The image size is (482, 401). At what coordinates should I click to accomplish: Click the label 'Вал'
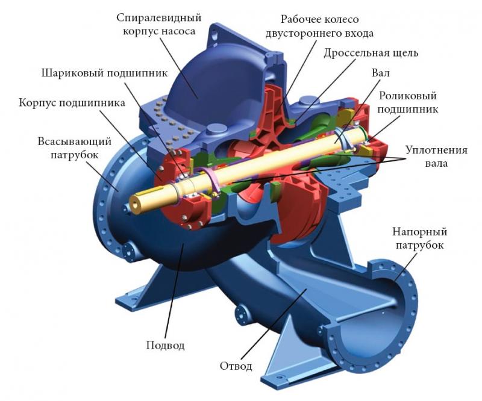pos(380,73)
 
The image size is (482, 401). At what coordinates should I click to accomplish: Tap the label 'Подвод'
pos(165,346)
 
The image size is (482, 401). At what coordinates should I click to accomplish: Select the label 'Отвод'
pos(236,366)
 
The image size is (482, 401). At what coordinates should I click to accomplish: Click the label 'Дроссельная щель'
pos(371,53)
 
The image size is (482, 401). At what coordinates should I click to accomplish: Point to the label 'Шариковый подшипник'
pos(105,73)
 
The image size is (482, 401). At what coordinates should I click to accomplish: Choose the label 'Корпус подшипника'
pos(72,102)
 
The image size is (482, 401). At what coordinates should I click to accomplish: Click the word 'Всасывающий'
pos(74,141)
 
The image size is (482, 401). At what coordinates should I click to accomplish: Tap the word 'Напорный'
pos(419,231)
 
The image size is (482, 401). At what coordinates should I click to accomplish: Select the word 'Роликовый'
pos(408,96)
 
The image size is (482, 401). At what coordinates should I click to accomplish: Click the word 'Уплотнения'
pos(436,150)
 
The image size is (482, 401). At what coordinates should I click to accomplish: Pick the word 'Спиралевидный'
pos(158,17)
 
